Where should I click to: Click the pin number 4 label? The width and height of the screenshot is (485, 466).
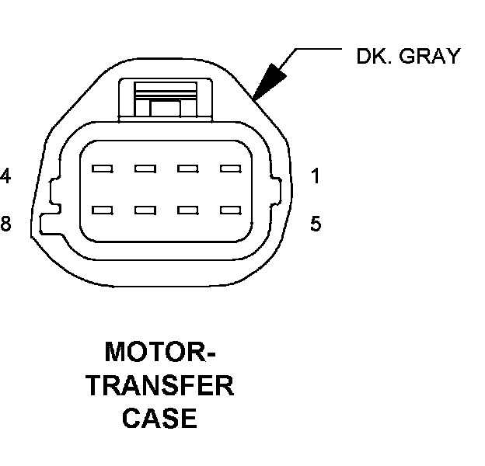click(5, 176)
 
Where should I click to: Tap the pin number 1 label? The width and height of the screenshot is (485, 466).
click(315, 176)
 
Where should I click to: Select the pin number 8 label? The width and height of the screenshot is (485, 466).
click(5, 224)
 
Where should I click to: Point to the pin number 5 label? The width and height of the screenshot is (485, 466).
click(315, 224)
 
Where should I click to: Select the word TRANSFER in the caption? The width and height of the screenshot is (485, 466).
click(160, 386)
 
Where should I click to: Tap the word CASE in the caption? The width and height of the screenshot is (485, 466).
click(160, 419)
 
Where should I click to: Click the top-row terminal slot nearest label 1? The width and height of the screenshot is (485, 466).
click(229, 168)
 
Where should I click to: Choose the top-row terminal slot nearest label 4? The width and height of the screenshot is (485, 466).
click(101, 168)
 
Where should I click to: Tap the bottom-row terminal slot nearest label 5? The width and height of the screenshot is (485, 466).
click(229, 210)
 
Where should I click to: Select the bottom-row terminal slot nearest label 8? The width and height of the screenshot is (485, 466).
click(101, 210)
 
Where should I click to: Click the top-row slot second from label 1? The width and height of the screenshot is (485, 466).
click(187, 168)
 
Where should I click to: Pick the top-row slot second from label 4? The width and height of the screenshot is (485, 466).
click(144, 168)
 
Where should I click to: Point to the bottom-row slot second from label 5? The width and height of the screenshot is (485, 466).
click(187, 210)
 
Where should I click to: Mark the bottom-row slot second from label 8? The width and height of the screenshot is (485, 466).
click(144, 210)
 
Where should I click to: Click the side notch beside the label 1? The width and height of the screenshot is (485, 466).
click(277, 189)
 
